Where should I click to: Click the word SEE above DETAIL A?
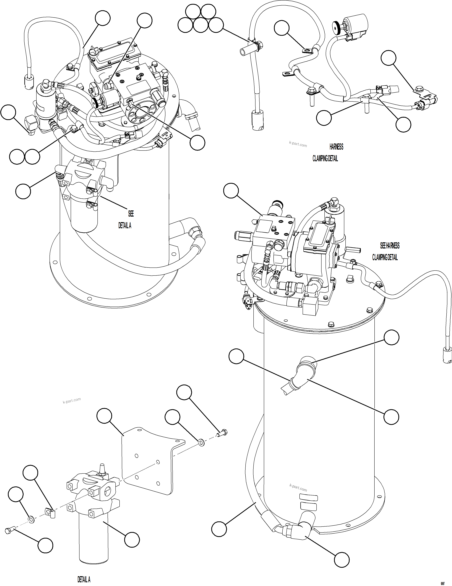(x=131, y=213)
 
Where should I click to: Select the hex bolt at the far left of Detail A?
(x=9, y=531)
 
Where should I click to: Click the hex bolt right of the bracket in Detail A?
(x=222, y=432)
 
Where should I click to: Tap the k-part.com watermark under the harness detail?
(x=298, y=144)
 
